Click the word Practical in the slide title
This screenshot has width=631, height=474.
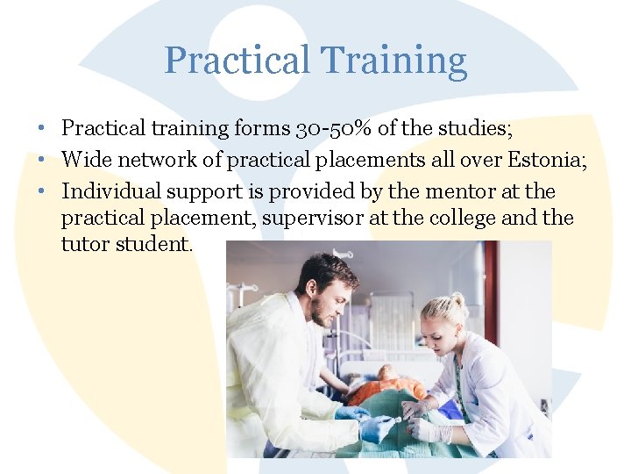point(237,61)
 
